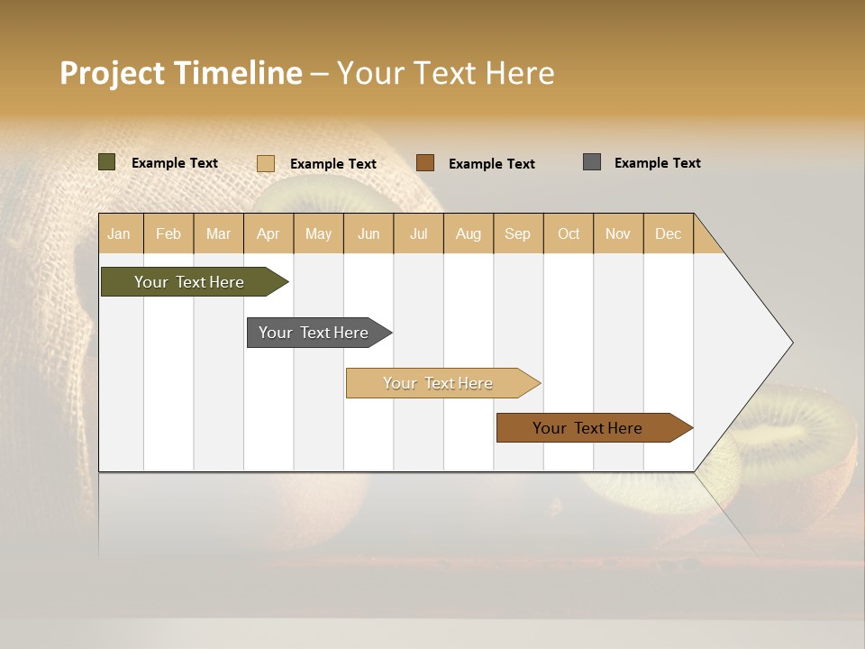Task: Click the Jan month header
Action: click(x=120, y=233)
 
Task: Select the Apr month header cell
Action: click(x=269, y=233)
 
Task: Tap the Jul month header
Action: click(x=418, y=233)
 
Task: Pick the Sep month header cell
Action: click(x=518, y=233)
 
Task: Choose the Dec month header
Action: click(x=668, y=233)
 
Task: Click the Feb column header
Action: click(x=168, y=233)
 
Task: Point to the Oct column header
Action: click(x=569, y=233)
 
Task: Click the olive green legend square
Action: click(x=107, y=162)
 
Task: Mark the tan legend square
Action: click(x=266, y=163)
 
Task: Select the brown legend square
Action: click(x=425, y=162)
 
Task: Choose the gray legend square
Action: click(x=592, y=162)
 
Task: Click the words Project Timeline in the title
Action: click(x=181, y=73)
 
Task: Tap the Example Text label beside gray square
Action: click(x=657, y=163)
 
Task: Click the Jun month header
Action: click(x=369, y=233)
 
